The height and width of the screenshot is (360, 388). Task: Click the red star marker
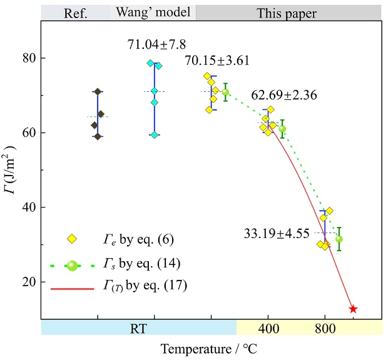point(353,309)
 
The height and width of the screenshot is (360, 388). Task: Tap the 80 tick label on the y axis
point(28,58)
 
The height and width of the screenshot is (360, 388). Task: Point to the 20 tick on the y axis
point(28,282)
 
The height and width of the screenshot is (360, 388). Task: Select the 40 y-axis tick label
point(28,207)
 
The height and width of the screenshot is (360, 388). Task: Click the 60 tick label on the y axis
point(28,132)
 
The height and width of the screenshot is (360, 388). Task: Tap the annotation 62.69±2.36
point(285,96)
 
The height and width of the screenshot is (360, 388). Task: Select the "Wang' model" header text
point(152,12)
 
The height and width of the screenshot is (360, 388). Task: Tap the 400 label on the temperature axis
point(268,328)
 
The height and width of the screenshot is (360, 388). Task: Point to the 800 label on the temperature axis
point(325,328)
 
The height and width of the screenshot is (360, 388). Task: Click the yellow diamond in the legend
point(72,238)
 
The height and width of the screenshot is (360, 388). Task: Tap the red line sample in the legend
point(72,287)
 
